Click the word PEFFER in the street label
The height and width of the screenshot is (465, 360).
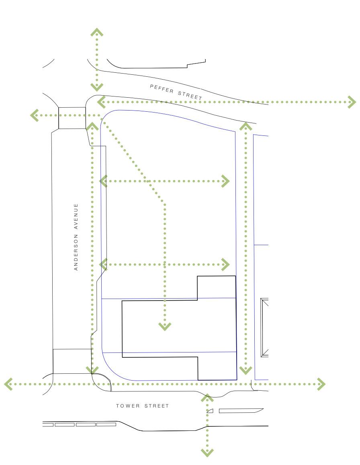tap(162, 89)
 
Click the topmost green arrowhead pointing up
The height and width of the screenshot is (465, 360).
tap(97, 32)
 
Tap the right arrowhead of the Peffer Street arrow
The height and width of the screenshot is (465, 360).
tap(352, 102)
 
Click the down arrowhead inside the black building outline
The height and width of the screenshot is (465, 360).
tap(165, 326)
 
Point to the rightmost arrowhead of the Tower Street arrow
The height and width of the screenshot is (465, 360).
tap(321, 384)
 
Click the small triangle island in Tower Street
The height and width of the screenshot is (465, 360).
tap(210, 411)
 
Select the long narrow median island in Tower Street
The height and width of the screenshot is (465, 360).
tap(240, 411)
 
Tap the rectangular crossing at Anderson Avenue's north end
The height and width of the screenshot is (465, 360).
tap(72, 118)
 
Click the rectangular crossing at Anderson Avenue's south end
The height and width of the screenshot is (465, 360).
tap(72, 361)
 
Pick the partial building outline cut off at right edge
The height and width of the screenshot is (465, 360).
tap(264, 328)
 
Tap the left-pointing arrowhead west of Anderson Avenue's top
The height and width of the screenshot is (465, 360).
tap(35, 115)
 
